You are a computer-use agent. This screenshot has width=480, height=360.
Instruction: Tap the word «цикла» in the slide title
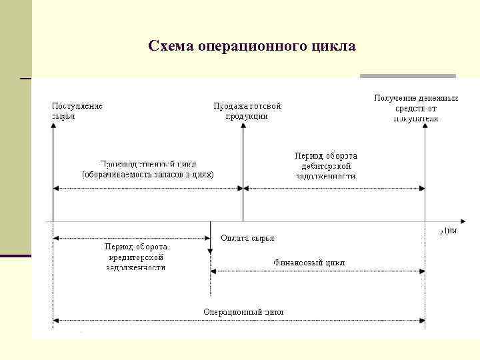coord(333,47)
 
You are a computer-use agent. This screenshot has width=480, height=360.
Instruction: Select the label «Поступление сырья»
coord(77,111)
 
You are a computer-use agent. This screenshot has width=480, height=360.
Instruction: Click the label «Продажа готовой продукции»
coord(247,111)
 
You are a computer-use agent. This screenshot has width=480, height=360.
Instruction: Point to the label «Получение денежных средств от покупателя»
coord(416,108)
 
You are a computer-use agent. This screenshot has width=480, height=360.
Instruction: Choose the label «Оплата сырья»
coord(247,238)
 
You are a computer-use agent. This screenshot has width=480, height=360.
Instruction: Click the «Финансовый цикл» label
coord(309,263)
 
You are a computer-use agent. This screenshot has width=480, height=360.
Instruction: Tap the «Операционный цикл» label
coord(243,312)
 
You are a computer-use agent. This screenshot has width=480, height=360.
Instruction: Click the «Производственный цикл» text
coord(148,164)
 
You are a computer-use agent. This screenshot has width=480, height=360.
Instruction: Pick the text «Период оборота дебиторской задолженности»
coord(326,166)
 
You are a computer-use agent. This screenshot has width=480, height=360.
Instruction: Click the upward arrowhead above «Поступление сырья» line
coord(53,127)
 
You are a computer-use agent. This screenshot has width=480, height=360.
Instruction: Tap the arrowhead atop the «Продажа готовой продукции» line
coord(243,127)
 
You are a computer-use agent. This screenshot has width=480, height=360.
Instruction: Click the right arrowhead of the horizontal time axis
coord(463,221)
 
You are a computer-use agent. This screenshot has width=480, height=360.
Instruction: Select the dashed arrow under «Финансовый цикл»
coord(317,271)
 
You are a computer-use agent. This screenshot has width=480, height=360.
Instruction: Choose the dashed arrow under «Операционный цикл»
coord(239,321)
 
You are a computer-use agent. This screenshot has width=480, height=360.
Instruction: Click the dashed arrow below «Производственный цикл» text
coord(147,189)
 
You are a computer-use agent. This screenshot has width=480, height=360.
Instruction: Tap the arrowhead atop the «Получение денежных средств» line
coord(425,127)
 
